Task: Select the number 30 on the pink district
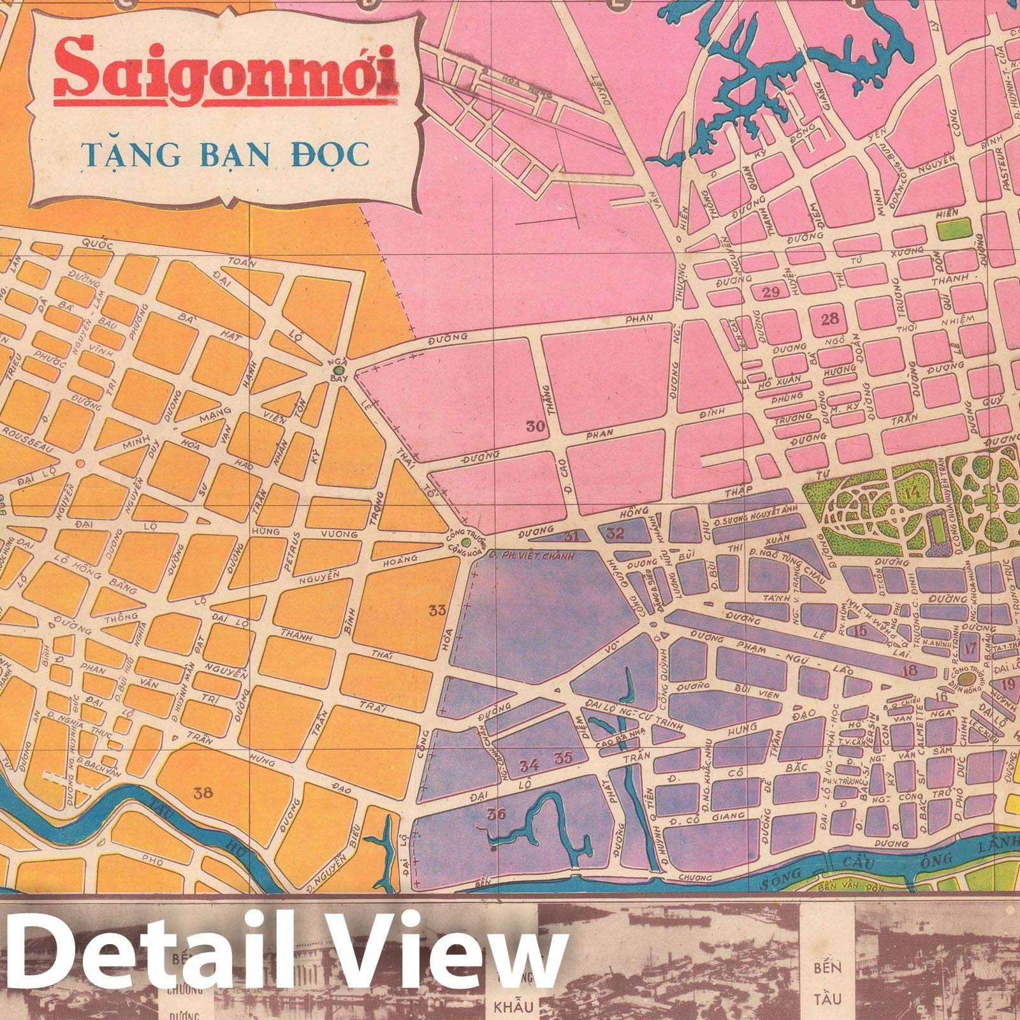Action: point(535,427)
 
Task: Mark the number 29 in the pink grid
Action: point(771,293)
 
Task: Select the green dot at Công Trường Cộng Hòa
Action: point(466,543)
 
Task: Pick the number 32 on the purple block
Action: point(616,533)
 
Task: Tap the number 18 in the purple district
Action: point(910,670)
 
